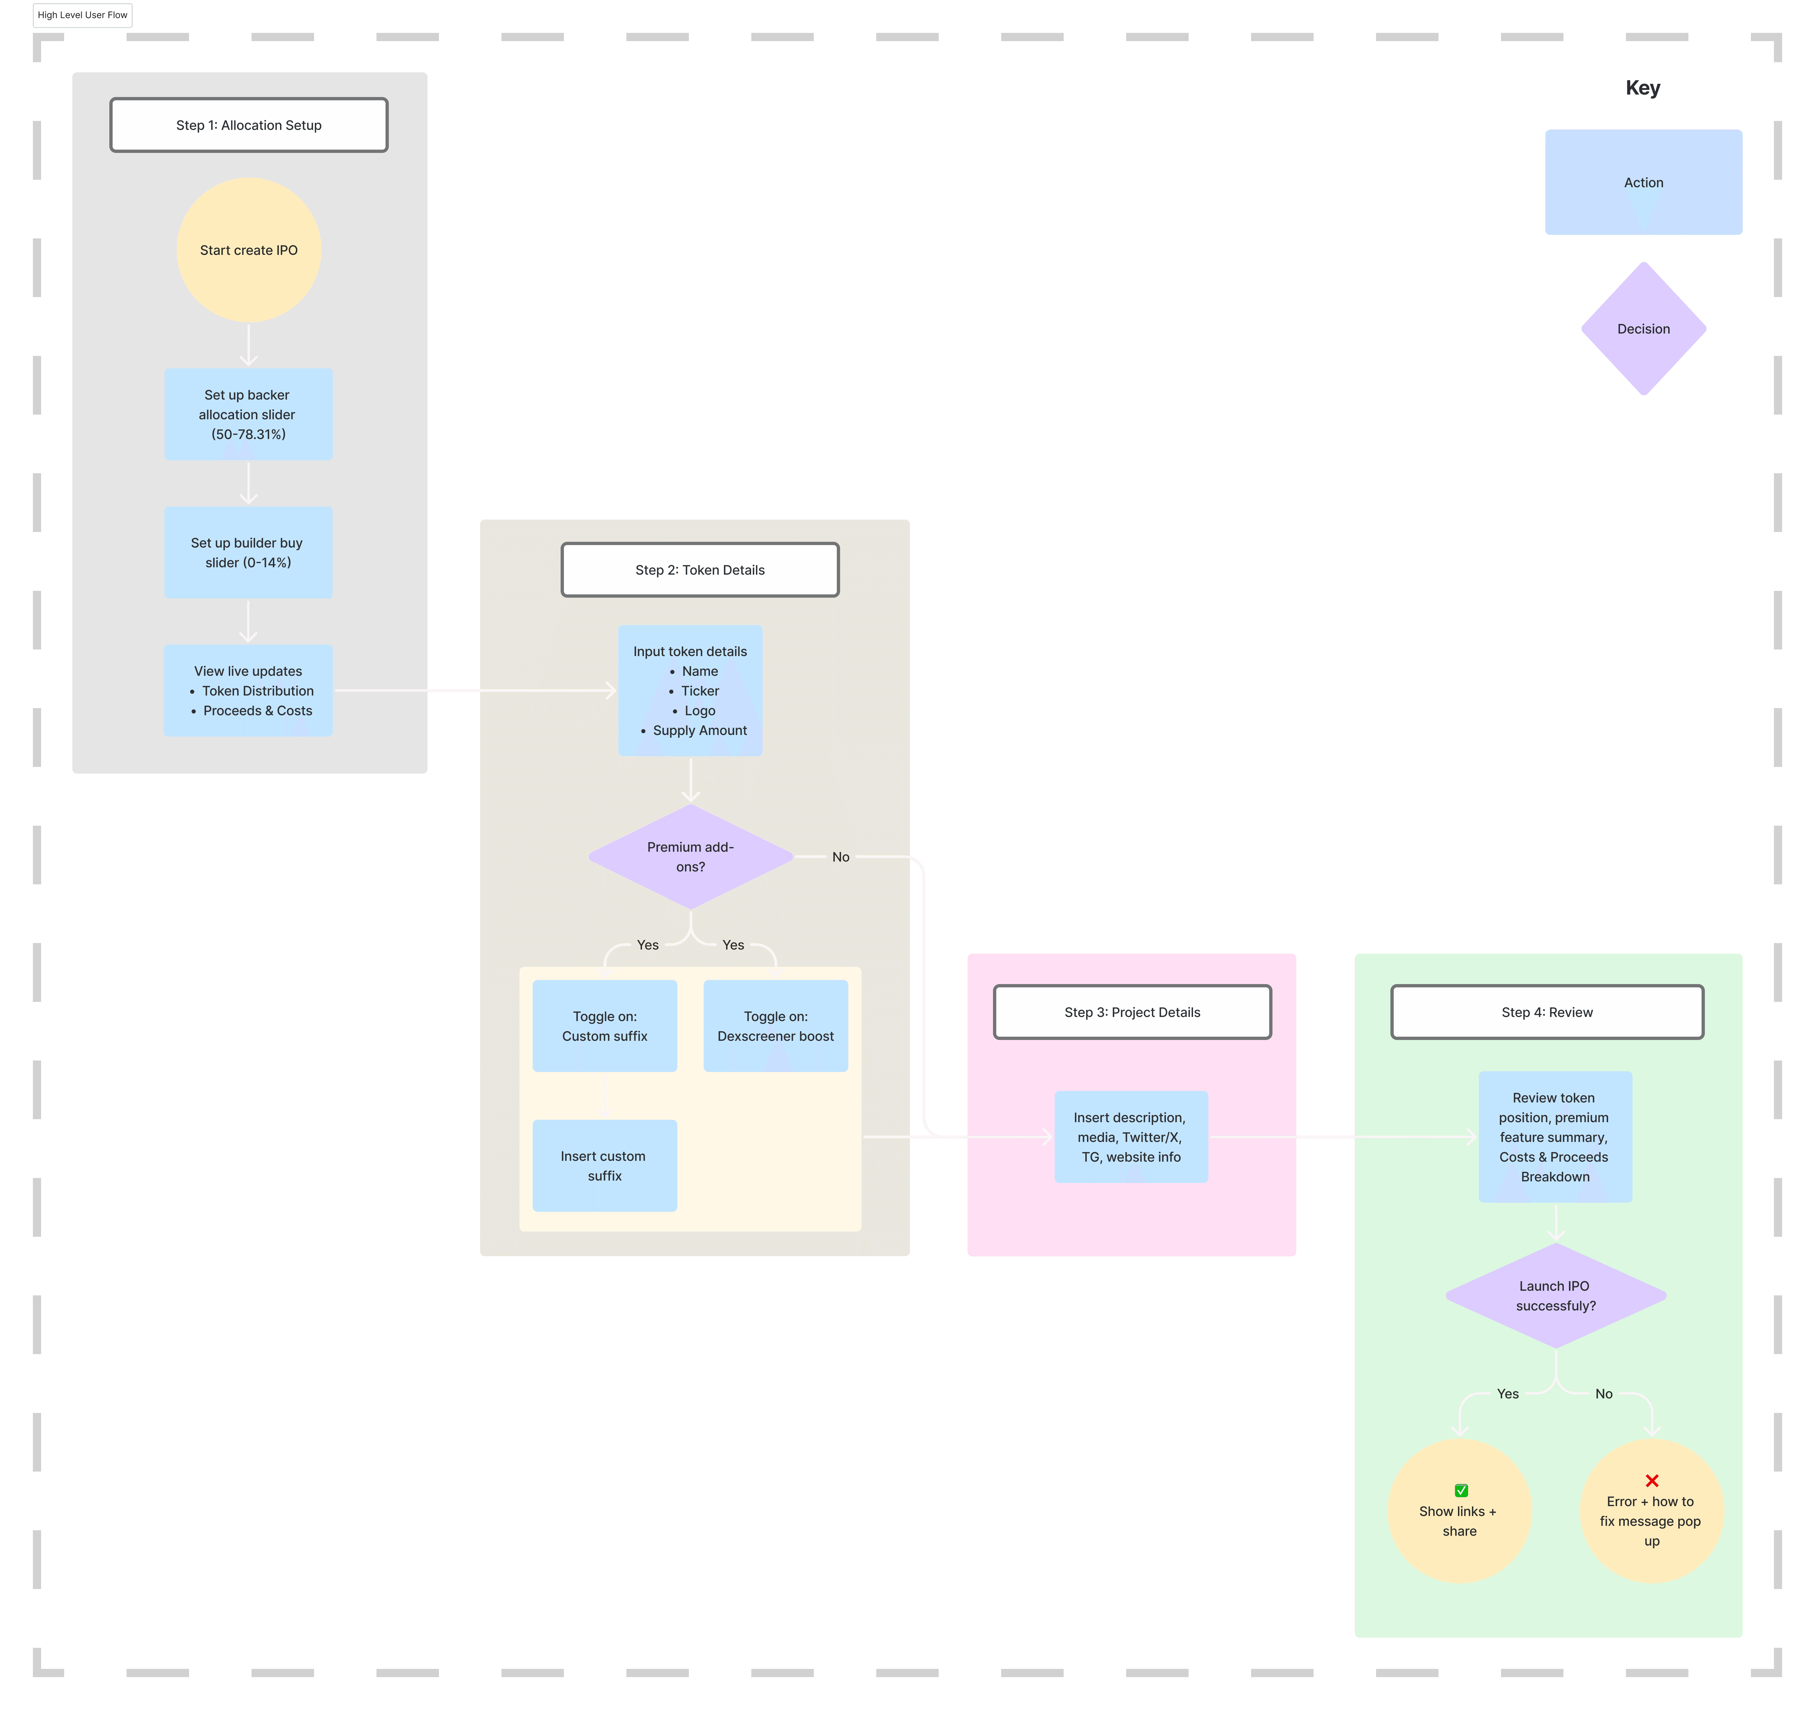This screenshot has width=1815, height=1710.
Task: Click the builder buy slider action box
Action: (248, 552)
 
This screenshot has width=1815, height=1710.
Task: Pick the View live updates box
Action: (248, 690)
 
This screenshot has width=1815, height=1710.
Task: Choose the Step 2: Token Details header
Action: (700, 570)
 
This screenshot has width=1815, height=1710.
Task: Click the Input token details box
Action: (690, 690)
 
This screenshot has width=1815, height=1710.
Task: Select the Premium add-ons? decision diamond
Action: (691, 856)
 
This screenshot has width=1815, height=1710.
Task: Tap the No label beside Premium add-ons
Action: (841, 856)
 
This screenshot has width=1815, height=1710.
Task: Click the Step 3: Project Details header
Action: (1132, 1011)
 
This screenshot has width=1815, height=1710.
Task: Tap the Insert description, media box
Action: (1131, 1137)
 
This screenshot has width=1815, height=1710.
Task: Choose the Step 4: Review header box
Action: (1548, 1011)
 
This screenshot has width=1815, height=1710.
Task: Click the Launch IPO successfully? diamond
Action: (1556, 1295)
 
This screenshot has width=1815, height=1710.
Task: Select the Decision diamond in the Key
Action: (1643, 329)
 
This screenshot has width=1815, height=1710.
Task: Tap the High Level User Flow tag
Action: (82, 16)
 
